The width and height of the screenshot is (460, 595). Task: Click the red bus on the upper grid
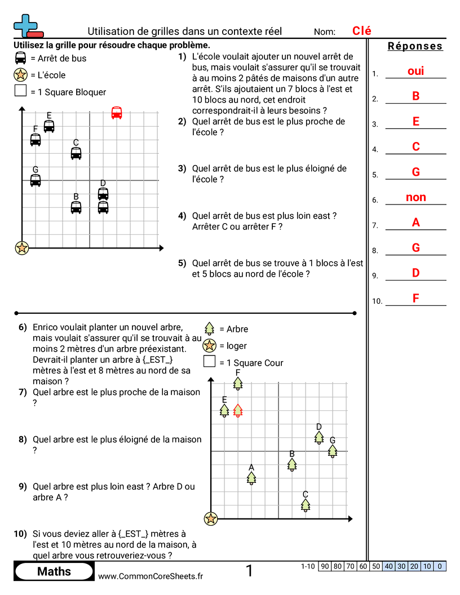pos(117,113)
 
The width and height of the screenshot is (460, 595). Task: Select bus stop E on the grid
pos(49,126)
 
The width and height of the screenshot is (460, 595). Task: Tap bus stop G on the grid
pos(36,180)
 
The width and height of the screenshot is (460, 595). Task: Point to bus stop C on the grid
pos(76,153)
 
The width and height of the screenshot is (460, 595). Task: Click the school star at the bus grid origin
pos(22,247)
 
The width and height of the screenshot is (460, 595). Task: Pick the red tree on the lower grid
pos(238,411)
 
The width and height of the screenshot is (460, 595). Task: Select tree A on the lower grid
pos(251,478)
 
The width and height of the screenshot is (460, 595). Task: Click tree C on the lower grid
pos(306,505)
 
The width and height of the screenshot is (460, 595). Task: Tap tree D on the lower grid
pos(319,437)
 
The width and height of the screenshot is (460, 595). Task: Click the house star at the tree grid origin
pos(211,518)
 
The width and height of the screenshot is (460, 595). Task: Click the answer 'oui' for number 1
pos(415,71)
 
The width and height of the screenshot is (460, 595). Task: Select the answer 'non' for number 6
pos(415,197)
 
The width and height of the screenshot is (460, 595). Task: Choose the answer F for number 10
pos(415,298)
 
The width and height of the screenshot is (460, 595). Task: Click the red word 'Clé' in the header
pos(362,31)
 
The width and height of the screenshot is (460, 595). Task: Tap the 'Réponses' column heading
pos(415,46)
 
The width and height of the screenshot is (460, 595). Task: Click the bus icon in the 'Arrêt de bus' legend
pos(21,57)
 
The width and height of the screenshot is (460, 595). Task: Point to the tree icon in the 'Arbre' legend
pos(210,328)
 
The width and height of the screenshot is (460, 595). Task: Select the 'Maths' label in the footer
pos(54,571)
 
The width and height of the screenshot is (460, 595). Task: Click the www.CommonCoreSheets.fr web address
pos(151,576)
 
